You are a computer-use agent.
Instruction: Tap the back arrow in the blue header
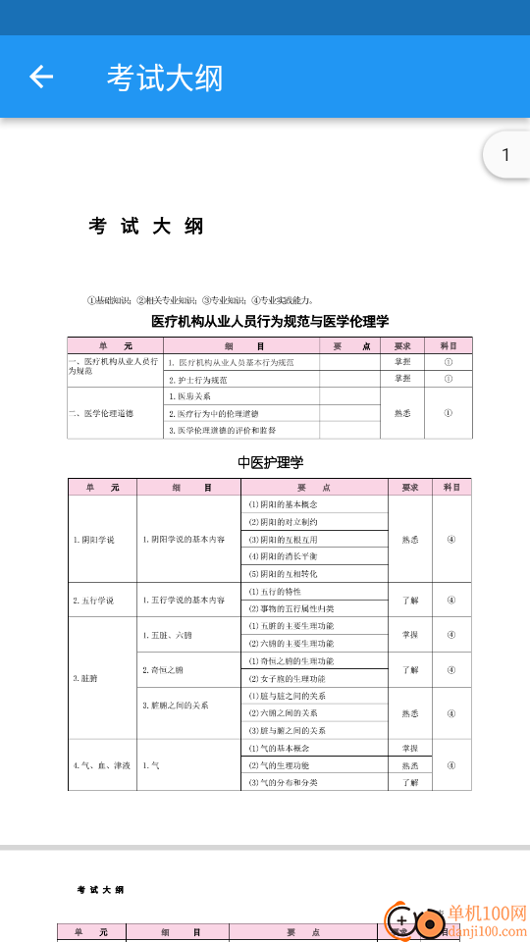click(41, 77)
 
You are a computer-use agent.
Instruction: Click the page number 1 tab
click(505, 155)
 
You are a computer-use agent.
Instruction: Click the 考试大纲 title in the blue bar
click(165, 78)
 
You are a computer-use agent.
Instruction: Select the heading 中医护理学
click(270, 462)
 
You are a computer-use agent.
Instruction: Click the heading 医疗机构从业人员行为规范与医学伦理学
click(270, 321)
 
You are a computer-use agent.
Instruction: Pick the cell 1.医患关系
click(190, 396)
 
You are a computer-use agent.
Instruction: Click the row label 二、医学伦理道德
click(102, 413)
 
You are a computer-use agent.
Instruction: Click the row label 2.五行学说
click(93, 601)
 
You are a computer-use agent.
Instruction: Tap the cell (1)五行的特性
click(275, 592)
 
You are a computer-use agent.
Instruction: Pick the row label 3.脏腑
click(86, 678)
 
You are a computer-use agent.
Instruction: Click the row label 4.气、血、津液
click(101, 765)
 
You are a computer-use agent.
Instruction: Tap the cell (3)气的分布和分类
click(285, 783)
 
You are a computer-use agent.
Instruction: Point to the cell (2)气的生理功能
click(279, 765)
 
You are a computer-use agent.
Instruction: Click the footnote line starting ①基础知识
click(200, 300)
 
